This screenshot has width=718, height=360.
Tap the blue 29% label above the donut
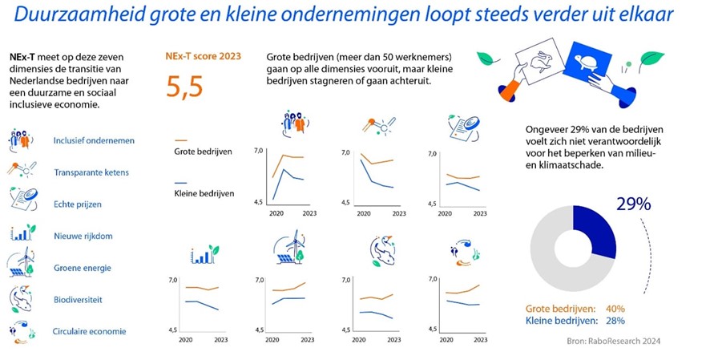(x=633, y=204)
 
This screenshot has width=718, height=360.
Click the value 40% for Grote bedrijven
(x=615, y=309)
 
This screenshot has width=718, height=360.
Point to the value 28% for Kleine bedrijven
(x=615, y=321)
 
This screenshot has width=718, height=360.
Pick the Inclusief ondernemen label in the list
(x=93, y=140)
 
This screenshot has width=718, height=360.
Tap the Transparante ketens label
(x=91, y=172)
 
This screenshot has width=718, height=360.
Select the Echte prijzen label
(x=78, y=204)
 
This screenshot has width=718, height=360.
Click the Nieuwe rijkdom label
(x=82, y=236)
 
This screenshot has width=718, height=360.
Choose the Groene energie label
(x=82, y=268)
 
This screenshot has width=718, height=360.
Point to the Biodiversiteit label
(x=78, y=300)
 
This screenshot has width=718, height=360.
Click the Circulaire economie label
(x=89, y=331)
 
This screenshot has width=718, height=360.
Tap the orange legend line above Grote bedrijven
(x=180, y=140)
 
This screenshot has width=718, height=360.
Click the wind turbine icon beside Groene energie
(x=22, y=265)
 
